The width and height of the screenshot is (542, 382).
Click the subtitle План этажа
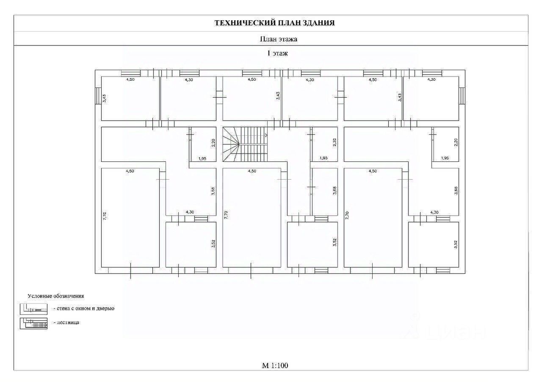[x=278, y=39]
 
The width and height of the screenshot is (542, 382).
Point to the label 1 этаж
[x=277, y=53]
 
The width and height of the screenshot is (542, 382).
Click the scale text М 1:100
[x=275, y=366]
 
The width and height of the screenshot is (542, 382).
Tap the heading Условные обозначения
[x=56, y=296]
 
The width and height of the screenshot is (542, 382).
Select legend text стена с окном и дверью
[x=84, y=308]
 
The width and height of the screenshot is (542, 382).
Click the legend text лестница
[x=66, y=322]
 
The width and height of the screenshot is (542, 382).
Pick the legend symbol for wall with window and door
[x=33, y=309]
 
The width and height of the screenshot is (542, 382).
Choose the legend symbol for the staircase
[x=33, y=323]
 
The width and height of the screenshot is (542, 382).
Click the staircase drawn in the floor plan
[x=245, y=144]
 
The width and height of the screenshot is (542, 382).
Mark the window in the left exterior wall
[x=98, y=95]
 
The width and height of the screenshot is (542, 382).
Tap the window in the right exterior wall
[x=462, y=95]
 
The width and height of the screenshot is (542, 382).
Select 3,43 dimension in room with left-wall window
[x=105, y=98]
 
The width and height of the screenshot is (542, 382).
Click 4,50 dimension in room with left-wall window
[x=131, y=79]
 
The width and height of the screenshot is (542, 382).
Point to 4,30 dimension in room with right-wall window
[x=431, y=79]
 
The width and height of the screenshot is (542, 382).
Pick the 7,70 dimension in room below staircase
[x=227, y=215]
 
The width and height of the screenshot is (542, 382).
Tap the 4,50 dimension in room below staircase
[x=252, y=171]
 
